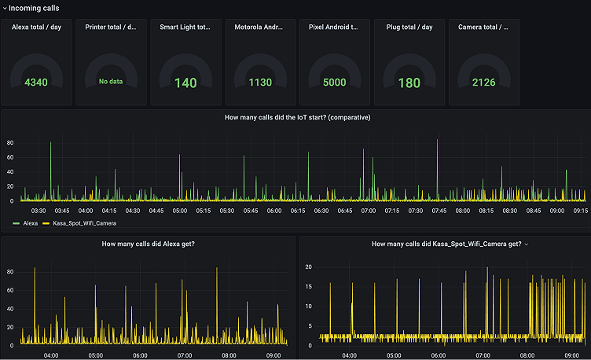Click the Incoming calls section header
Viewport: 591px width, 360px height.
(34, 8)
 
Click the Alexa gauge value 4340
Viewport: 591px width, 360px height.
(36, 82)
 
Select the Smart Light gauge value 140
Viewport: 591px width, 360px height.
(185, 83)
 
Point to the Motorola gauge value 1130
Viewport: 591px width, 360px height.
(260, 82)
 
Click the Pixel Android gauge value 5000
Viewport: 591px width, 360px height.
(334, 82)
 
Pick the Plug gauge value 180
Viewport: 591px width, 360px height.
(409, 83)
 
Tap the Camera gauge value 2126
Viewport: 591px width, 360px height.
(483, 82)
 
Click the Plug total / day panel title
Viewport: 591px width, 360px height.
(409, 27)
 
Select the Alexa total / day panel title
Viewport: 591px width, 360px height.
(36, 27)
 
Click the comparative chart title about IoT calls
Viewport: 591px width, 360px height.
(297, 117)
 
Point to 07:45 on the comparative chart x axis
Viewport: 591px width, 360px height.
(439, 211)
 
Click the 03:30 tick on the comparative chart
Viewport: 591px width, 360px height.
(39, 211)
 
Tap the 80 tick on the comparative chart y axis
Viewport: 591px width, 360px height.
(10, 143)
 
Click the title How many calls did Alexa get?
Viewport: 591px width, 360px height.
(149, 244)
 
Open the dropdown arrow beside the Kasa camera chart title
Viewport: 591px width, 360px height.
(527, 244)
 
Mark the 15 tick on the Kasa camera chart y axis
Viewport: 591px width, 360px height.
(309, 287)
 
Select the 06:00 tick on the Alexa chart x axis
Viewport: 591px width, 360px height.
(141, 355)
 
